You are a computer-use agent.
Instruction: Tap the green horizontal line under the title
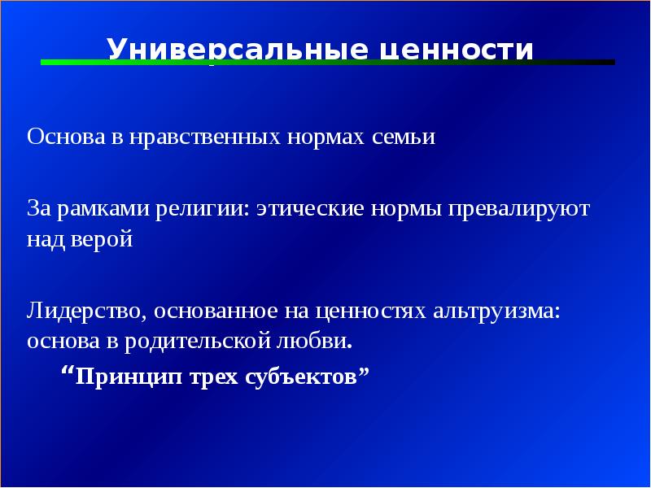click(x=244, y=62)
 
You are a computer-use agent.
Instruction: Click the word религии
click(x=207, y=208)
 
